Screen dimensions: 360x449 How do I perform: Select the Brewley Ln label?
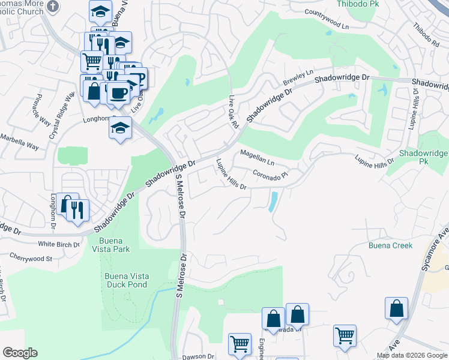coord(298,78)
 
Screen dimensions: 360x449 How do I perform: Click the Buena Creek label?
coord(390,245)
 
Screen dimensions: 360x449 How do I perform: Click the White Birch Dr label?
coord(59,244)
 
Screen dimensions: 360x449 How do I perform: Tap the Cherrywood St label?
coord(31,259)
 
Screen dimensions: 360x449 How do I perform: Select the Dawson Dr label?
coord(197,356)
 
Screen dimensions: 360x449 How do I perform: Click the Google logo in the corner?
coord(20,353)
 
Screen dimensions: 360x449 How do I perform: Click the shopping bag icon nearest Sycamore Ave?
coord(397,308)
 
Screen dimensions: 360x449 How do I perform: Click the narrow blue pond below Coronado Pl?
coord(274,202)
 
